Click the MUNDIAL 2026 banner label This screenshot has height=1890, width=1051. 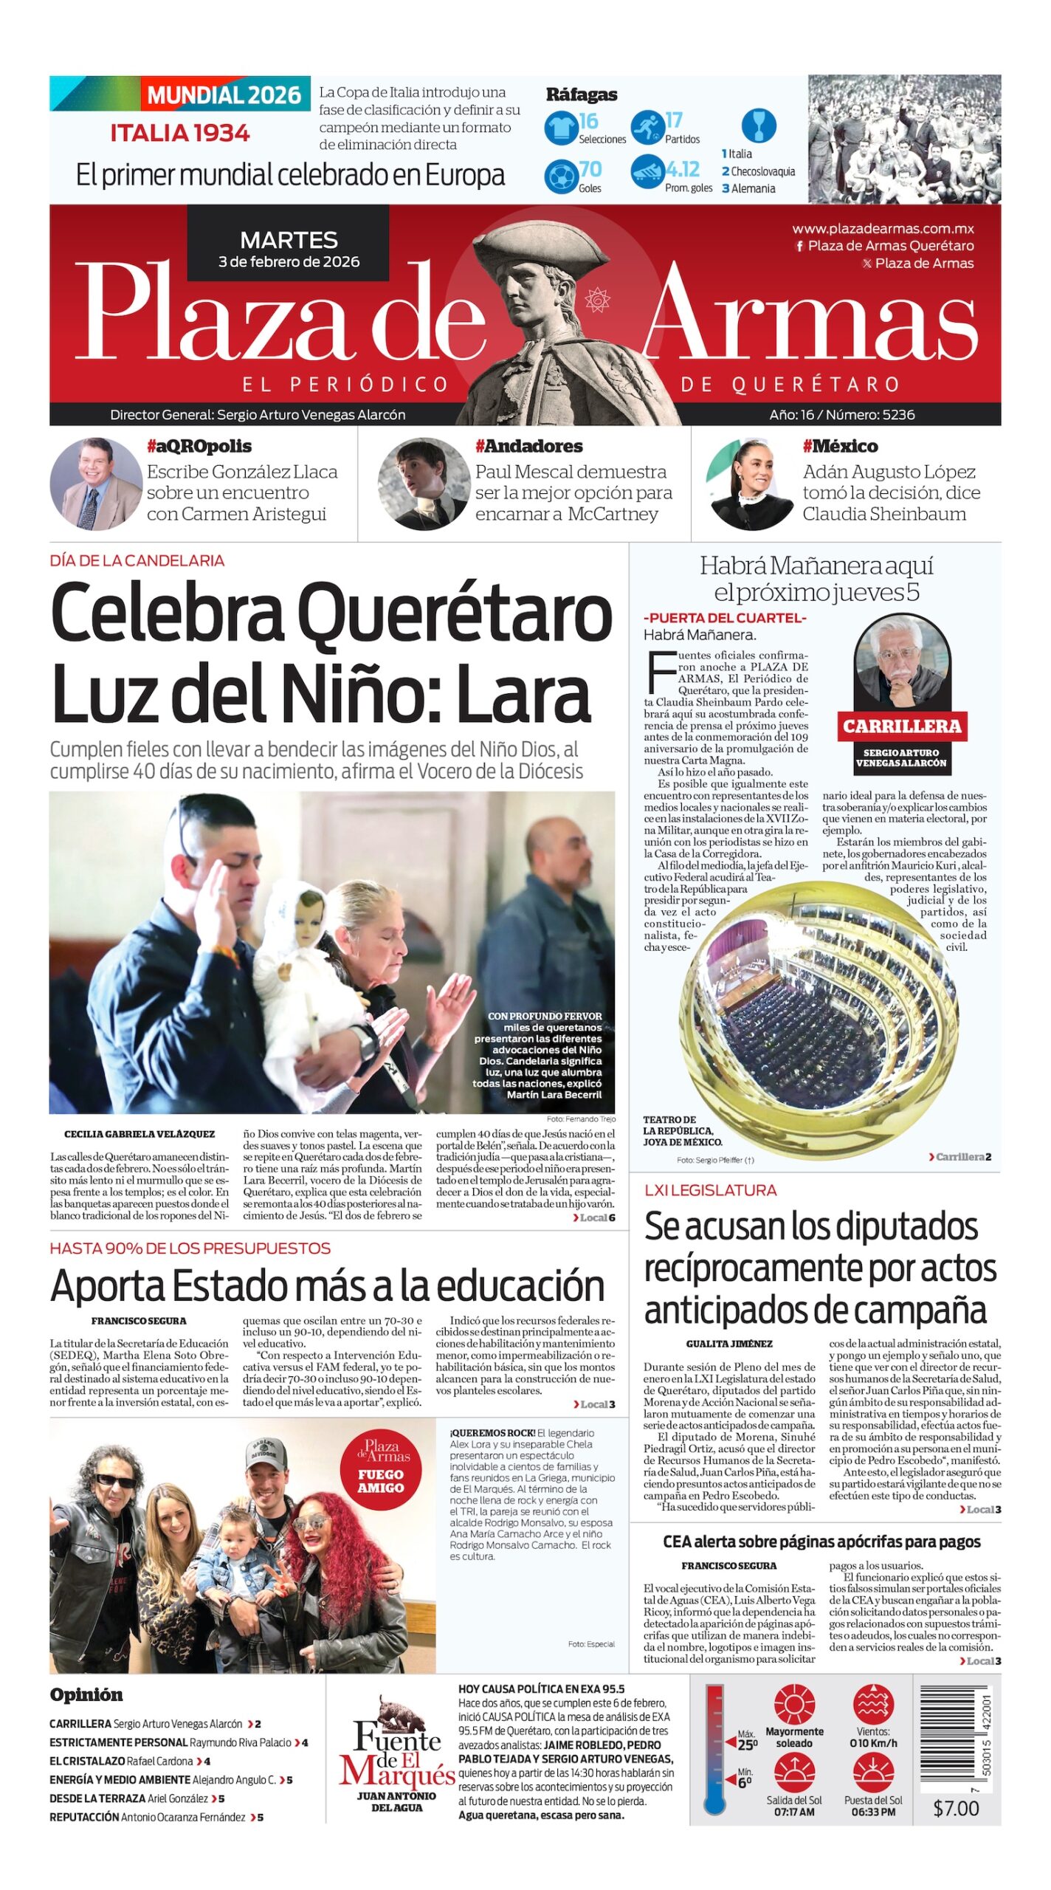pos(224,95)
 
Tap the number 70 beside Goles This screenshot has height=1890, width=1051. pos(590,171)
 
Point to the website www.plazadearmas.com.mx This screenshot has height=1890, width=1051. pos(883,229)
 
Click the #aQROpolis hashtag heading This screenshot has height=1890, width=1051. pos(199,446)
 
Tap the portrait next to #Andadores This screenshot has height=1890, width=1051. pos(423,484)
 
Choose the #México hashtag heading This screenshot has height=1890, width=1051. pos(840,446)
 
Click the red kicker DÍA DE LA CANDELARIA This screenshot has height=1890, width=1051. pos(137,560)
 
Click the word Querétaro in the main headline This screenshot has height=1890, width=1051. pos(455,614)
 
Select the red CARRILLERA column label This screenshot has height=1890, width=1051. pos(902,726)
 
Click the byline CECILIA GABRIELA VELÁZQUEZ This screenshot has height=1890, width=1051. pos(139,1134)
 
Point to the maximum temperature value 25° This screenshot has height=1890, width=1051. pos(747,1745)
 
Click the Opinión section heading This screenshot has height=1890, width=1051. pos(86,1694)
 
